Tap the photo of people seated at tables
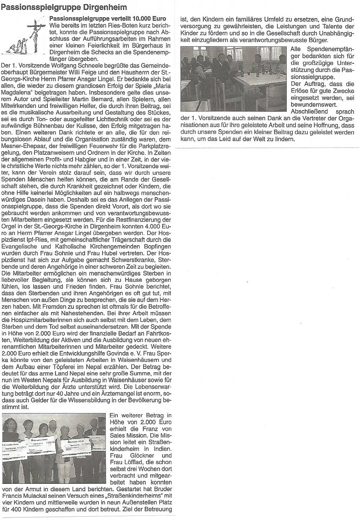(233, 78)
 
